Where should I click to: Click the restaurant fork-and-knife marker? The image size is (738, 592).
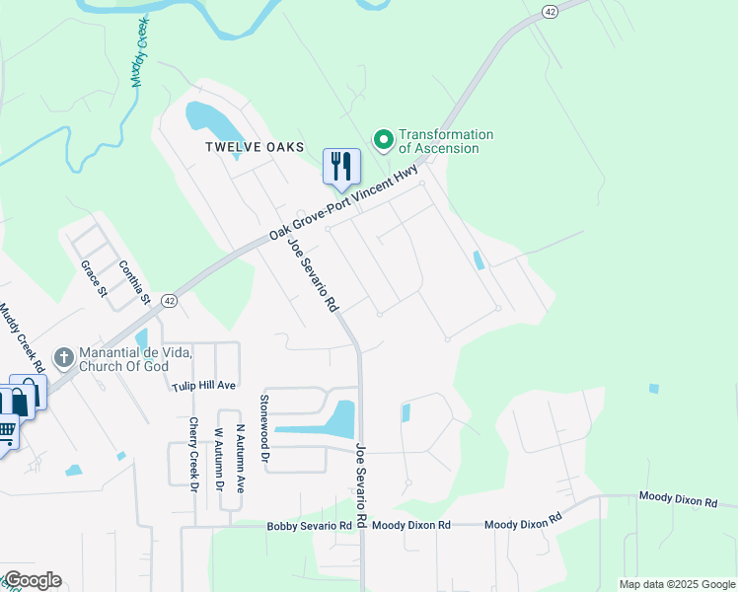pos(341,167)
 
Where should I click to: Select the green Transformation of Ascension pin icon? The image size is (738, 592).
pos(383,141)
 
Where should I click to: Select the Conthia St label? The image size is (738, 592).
pos(133,281)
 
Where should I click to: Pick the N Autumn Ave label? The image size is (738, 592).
pos(240,459)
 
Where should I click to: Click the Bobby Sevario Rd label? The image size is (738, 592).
pos(309,526)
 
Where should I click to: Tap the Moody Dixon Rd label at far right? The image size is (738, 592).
pos(678,500)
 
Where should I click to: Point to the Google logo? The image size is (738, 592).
pos(32,580)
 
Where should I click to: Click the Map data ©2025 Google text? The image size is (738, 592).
pos(676,584)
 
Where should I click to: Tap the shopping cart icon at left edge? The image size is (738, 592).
pos(6,431)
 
